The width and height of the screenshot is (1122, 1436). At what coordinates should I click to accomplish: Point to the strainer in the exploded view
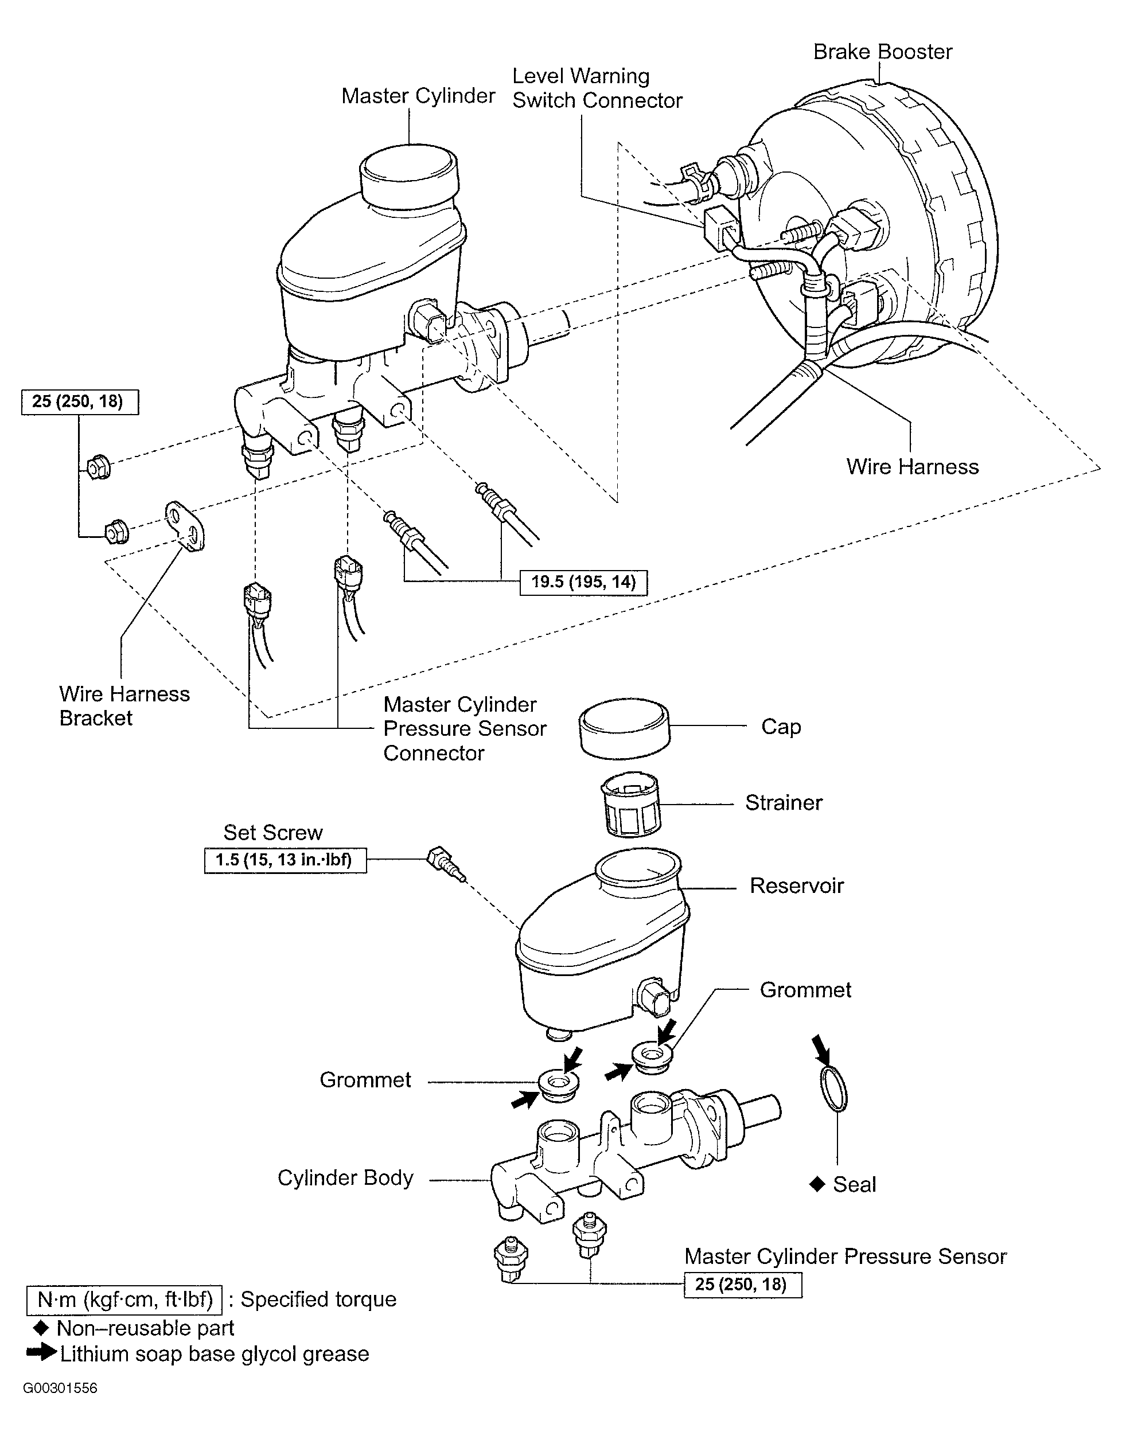coord(631,804)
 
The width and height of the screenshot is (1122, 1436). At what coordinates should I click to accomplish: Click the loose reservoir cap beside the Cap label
coord(624,728)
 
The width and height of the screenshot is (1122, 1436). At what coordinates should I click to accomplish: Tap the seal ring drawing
coord(834,1089)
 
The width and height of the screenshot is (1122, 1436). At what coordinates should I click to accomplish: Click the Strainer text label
coord(784,803)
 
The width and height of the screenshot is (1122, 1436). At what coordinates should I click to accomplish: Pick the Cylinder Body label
coord(345,1177)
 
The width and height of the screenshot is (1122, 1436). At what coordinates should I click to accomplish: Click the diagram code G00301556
coord(60,1388)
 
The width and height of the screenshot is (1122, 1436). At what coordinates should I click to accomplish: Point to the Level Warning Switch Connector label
coord(597,88)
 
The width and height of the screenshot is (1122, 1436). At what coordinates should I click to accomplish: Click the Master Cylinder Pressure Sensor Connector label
coord(465,728)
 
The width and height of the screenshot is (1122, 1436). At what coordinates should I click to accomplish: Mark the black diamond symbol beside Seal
coord(817,1184)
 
